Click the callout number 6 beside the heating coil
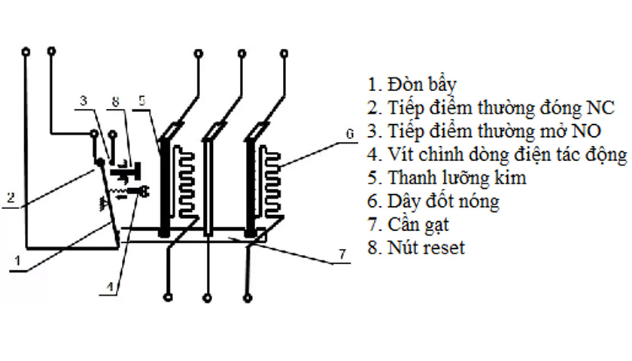[349, 134]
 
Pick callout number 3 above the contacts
[84, 101]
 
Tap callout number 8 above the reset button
[115, 101]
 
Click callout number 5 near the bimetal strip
[143, 101]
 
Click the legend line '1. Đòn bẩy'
[412, 83]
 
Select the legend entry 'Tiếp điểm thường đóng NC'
[491, 107]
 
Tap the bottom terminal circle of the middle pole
[205, 295]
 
